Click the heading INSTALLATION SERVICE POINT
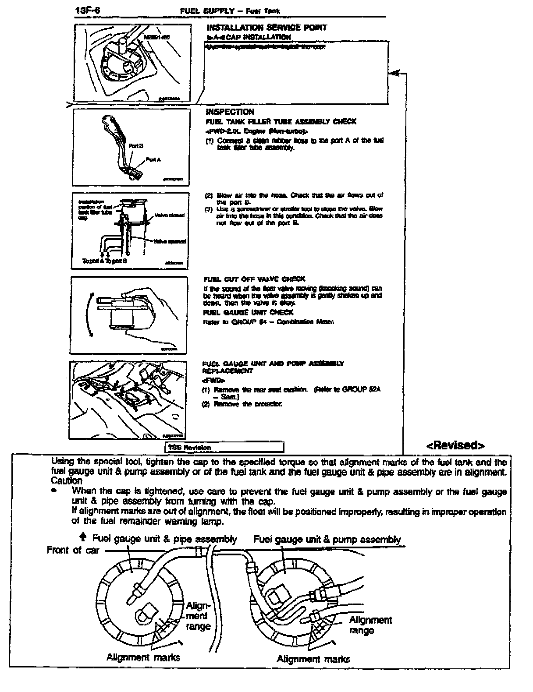coord(266,28)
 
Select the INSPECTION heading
coord(230,112)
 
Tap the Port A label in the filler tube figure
coord(153,160)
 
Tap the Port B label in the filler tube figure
coord(136,145)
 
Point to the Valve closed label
coord(170,215)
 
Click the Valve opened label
coord(170,241)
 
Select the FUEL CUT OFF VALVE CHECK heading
coord(254,279)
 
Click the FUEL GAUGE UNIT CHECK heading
coord(248,312)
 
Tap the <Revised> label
coord(455,446)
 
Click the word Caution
coord(66,481)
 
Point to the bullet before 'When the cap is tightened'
coord(54,491)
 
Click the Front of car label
coord(73,551)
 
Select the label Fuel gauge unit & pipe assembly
coord(164,539)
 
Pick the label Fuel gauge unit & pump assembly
coord(327,540)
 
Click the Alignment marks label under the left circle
coord(143,657)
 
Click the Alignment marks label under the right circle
coord(313,659)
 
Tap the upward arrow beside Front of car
coord(83,537)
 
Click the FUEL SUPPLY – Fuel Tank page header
coord(230,11)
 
